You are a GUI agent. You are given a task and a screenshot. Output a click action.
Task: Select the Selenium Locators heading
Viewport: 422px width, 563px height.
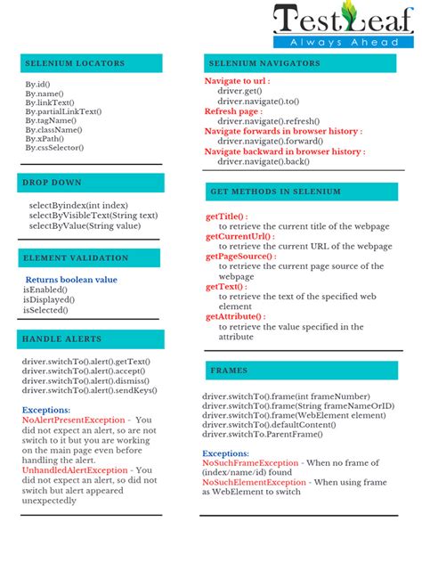click(x=75, y=63)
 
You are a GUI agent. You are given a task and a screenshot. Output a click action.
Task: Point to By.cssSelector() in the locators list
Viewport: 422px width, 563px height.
click(x=54, y=148)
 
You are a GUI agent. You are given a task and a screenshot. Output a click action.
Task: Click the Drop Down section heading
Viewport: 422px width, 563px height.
click(x=53, y=183)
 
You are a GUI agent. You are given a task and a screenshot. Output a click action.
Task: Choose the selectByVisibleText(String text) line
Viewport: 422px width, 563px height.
click(x=93, y=216)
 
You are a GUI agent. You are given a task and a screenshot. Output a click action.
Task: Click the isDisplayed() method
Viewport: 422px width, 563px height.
click(x=50, y=300)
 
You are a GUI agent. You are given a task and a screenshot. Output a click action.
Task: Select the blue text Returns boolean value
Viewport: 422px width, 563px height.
click(x=71, y=280)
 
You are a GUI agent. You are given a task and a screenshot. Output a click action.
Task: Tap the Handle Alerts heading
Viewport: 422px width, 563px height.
click(x=63, y=339)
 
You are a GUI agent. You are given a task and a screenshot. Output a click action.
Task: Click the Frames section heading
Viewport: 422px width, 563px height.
click(x=229, y=370)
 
